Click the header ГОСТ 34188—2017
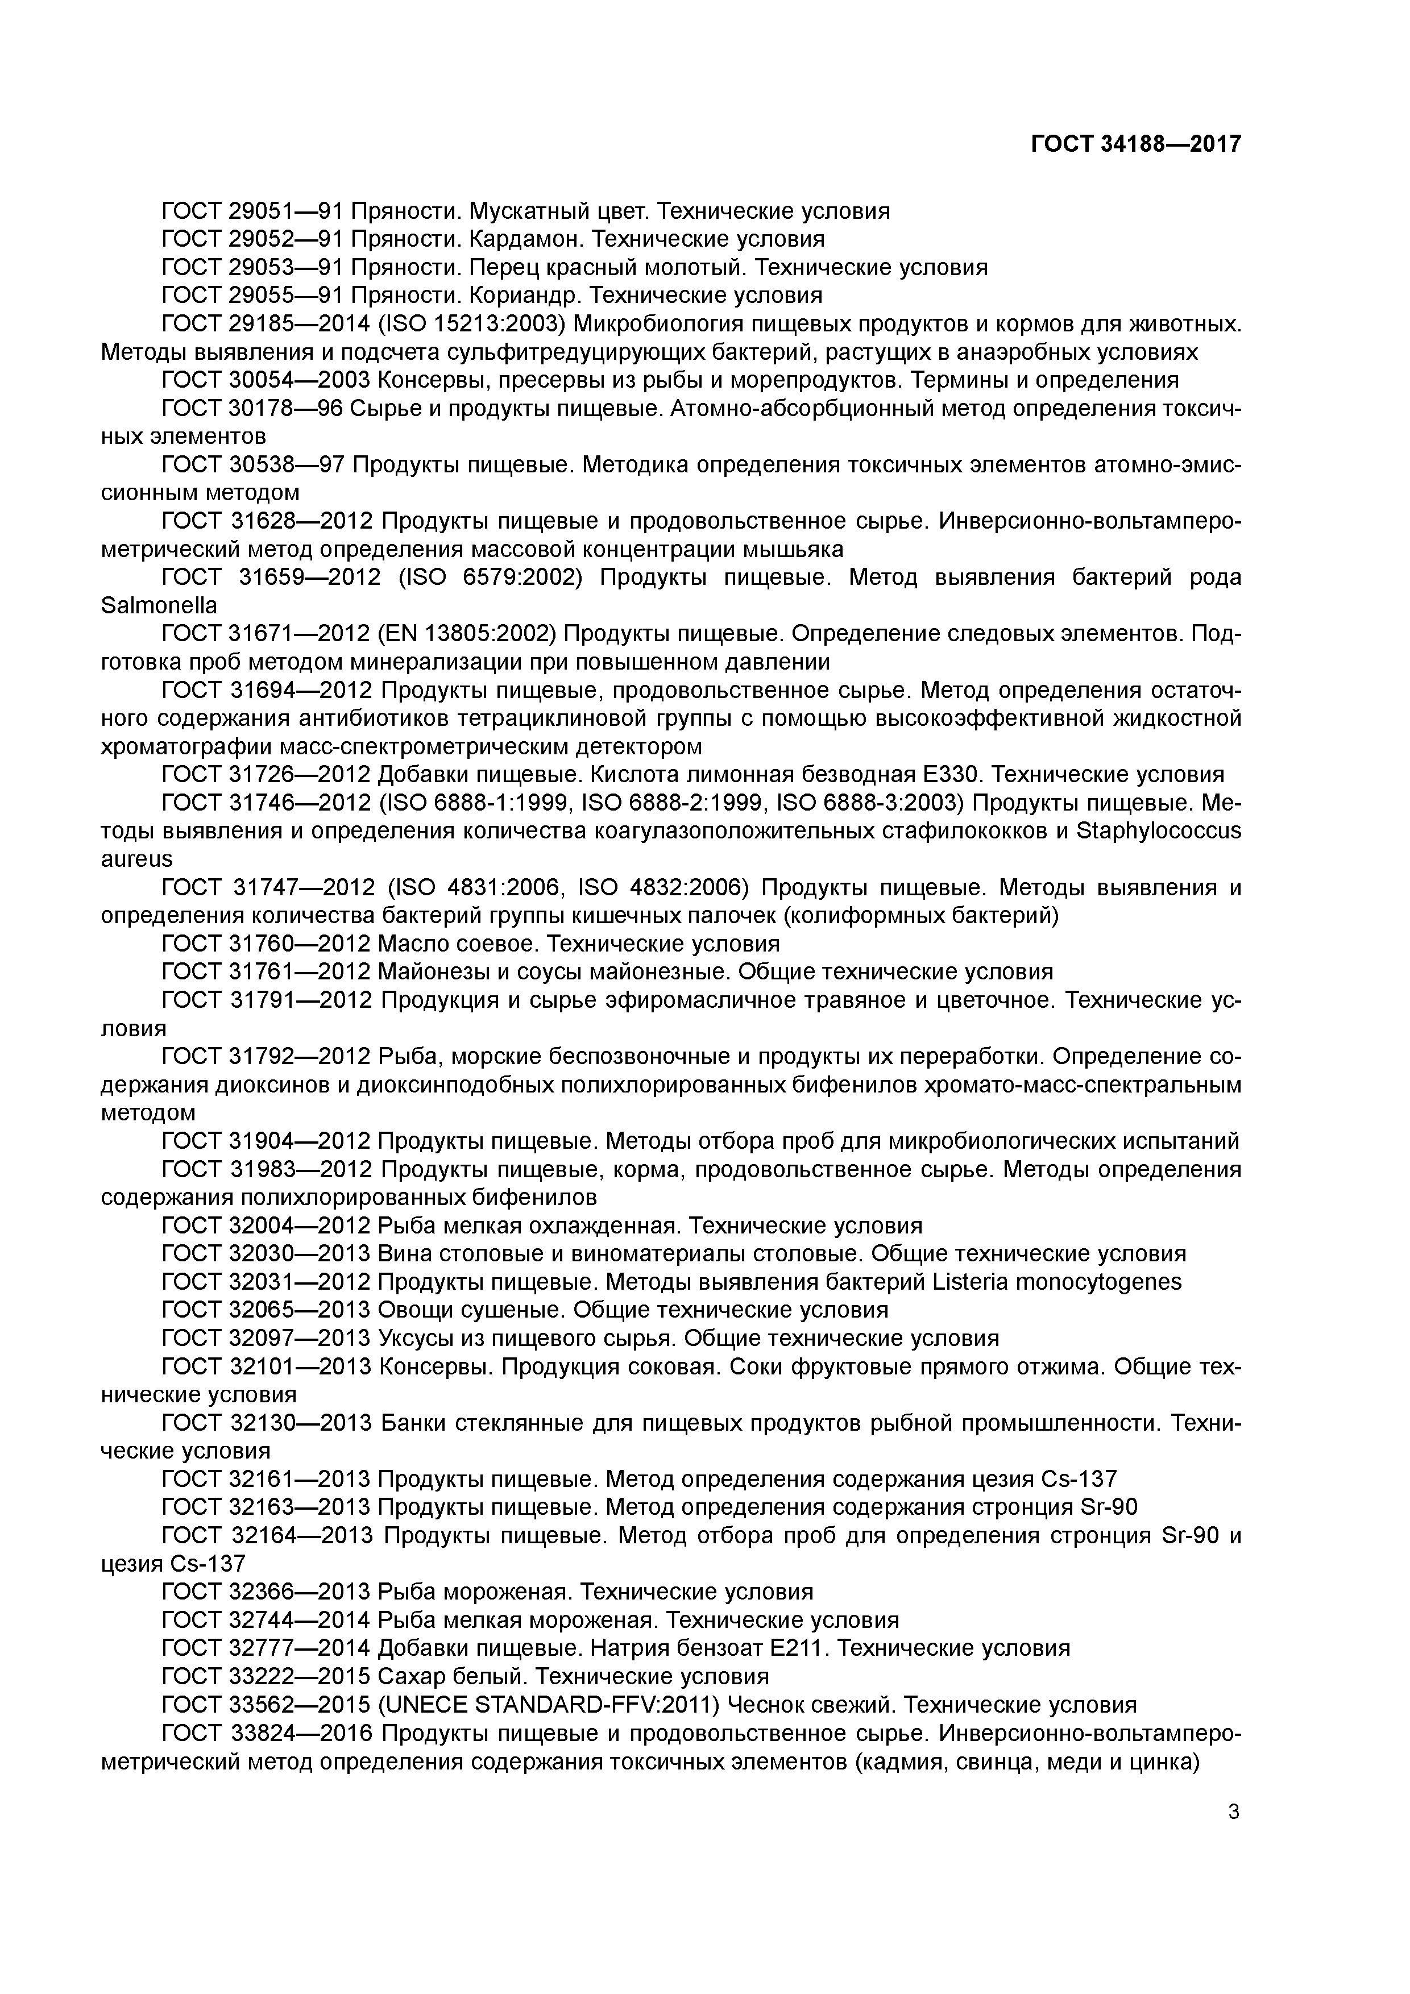click(1135, 144)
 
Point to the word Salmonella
click(159, 605)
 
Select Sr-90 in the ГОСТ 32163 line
click(1104, 1507)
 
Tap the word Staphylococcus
click(1158, 831)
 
